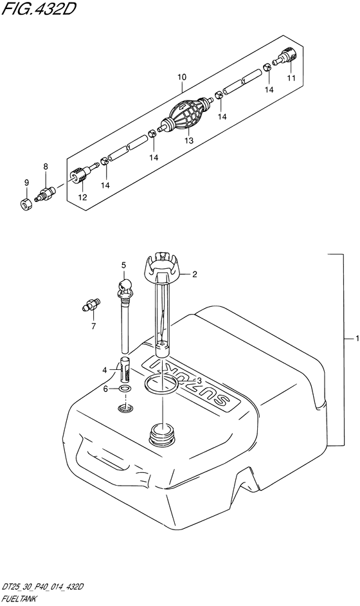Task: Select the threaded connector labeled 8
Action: tap(45, 193)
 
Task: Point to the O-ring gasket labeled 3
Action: tap(161, 385)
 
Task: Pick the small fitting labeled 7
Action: tap(91, 304)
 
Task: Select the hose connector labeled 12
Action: tap(82, 174)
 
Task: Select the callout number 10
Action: tap(182, 77)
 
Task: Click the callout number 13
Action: tap(188, 141)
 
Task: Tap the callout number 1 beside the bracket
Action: tap(357, 338)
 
